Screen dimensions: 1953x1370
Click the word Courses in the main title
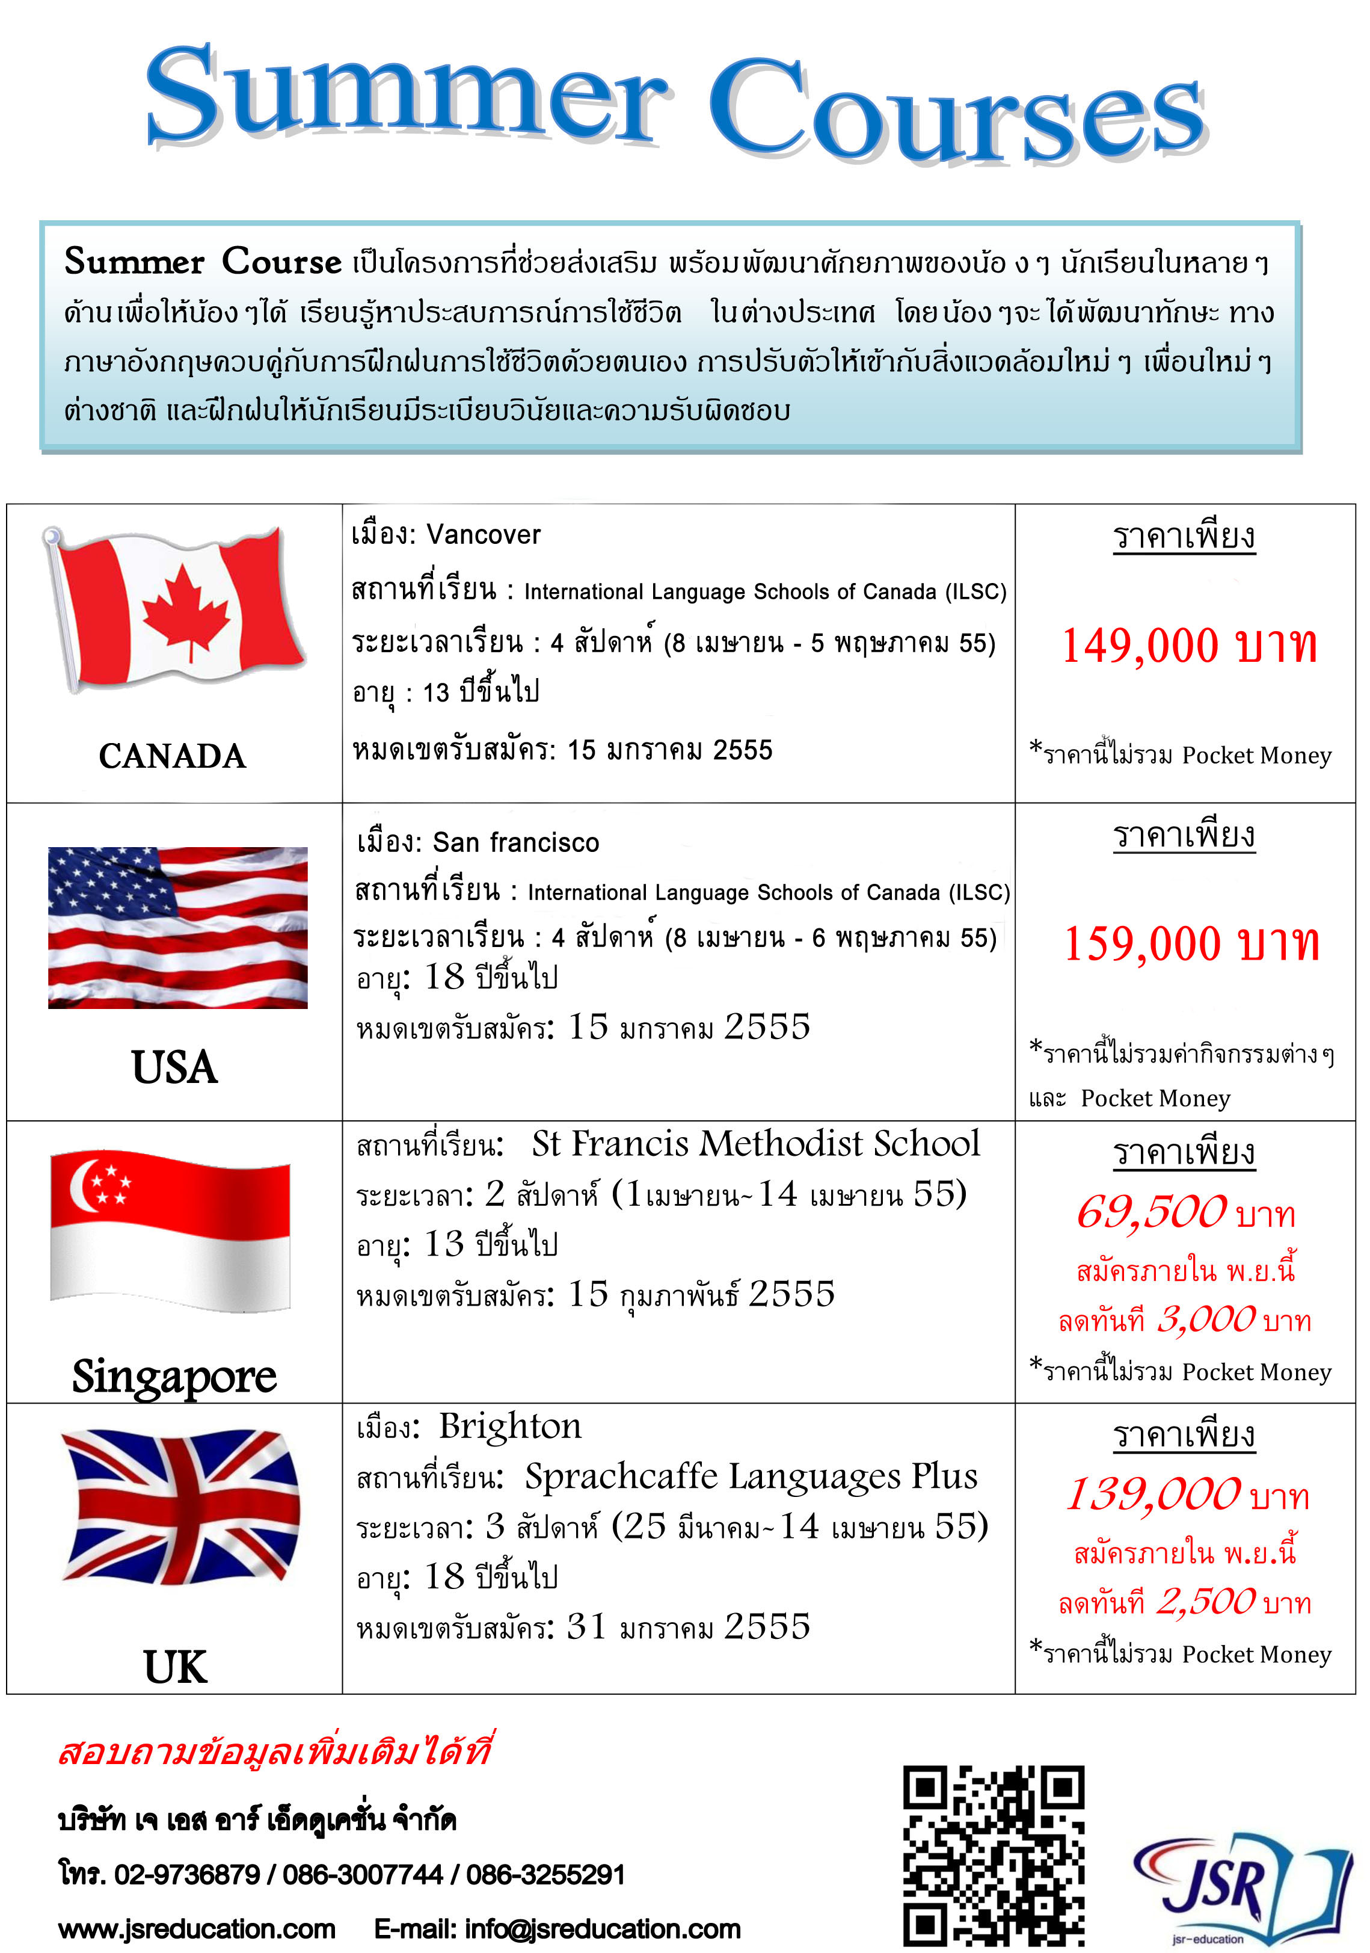point(957,111)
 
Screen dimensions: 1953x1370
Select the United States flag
point(178,927)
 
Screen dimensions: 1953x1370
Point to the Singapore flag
point(170,1230)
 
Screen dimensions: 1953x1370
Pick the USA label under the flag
point(174,1067)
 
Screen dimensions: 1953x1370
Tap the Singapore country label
point(174,1376)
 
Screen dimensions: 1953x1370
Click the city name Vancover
point(483,535)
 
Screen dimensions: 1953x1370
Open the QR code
point(994,1854)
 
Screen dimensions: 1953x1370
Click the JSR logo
point(1241,1889)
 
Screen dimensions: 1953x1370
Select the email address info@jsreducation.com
point(602,1929)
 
